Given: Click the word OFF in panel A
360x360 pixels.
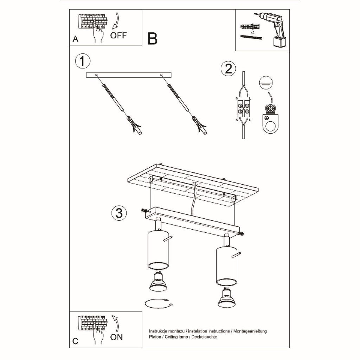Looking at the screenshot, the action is click(x=118, y=36).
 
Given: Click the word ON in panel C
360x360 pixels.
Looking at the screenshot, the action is click(x=116, y=337).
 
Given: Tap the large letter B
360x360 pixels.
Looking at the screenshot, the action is click(x=153, y=39).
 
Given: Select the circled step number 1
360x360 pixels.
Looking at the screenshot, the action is click(x=83, y=61).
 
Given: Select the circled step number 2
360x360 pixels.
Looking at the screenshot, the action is click(x=228, y=69).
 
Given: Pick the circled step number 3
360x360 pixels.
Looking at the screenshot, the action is click(x=119, y=213).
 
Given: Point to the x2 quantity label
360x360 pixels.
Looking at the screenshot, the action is click(x=252, y=33).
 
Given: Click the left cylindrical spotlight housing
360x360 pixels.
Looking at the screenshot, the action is click(x=158, y=251).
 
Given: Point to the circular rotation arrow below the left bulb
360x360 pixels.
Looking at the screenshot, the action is click(x=159, y=308).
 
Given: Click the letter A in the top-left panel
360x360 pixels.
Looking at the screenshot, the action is click(x=75, y=39).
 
